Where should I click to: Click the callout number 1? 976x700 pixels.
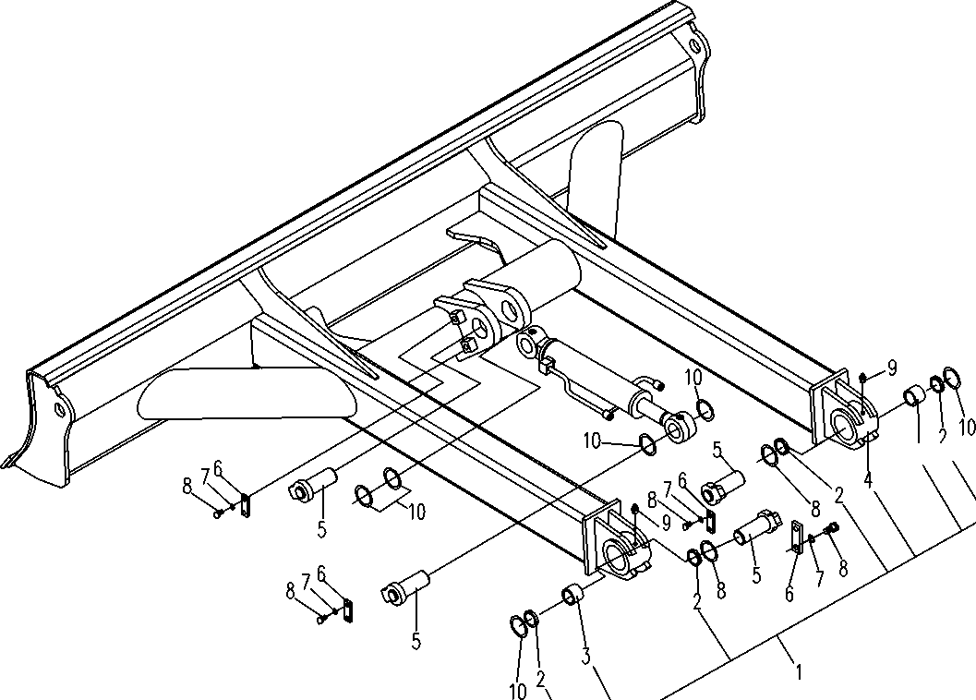(798, 672)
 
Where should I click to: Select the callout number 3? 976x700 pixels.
(585, 657)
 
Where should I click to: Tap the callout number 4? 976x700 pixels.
(868, 480)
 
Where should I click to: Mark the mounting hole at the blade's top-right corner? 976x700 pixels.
(694, 46)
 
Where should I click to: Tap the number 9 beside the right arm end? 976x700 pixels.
(892, 368)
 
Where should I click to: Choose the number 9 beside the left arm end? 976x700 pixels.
(665, 523)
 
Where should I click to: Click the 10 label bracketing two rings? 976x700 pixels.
(416, 512)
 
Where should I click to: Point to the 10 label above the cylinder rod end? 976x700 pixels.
(693, 377)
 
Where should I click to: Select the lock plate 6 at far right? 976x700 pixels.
(797, 537)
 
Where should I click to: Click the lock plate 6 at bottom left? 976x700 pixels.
(349, 609)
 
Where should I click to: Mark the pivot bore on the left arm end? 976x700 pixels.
(617, 557)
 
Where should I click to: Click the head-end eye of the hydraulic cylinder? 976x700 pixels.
(529, 344)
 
